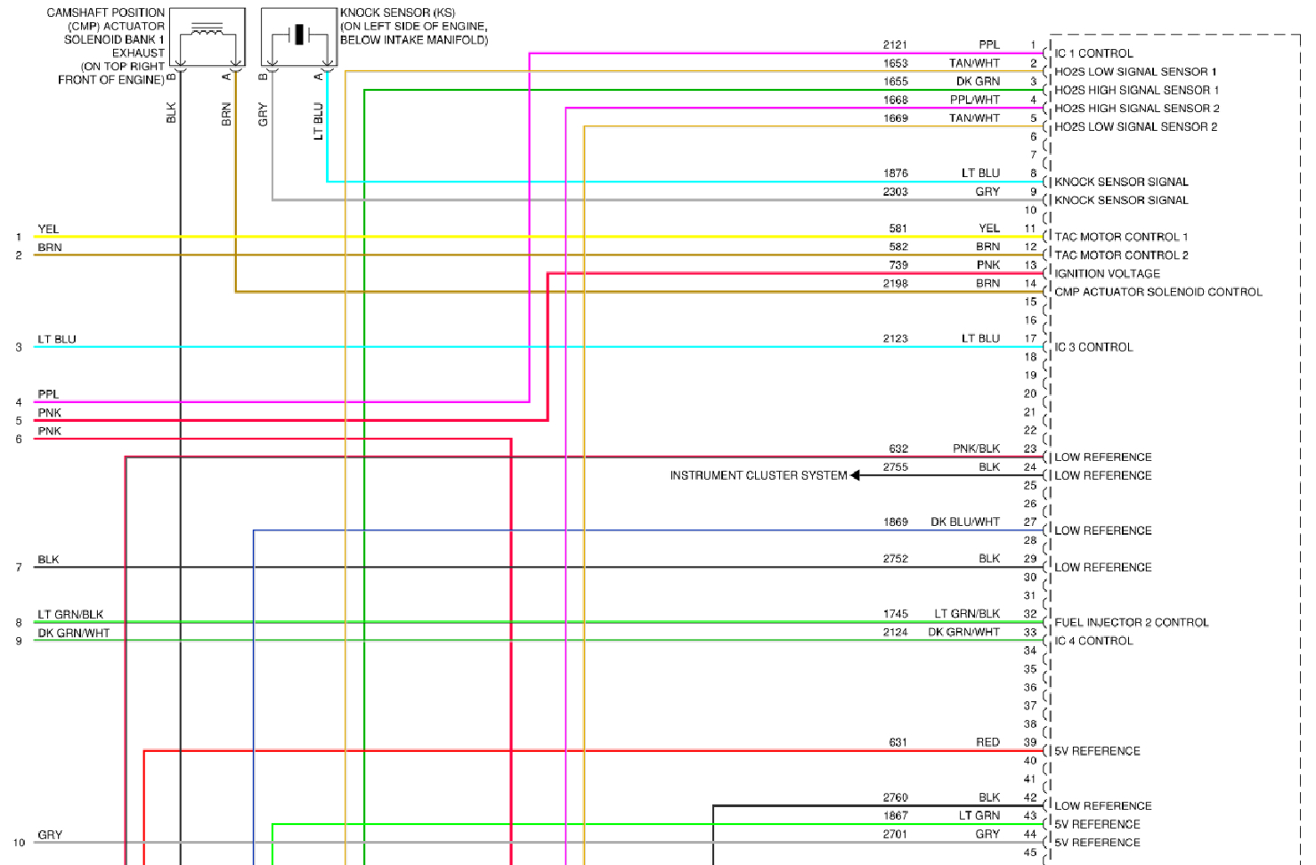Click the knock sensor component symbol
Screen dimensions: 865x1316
coord(299,36)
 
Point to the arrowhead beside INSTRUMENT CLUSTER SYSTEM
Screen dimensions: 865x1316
coord(856,475)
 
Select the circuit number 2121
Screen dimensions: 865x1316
coord(895,44)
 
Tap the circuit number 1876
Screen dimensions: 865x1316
coord(895,173)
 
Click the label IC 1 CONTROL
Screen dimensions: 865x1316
coord(1093,53)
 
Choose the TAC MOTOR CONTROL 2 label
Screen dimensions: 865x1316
coord(1121,255)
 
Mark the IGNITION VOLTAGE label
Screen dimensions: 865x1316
coord(1107,273)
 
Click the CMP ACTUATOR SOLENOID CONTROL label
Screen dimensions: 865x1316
coord(1158,292)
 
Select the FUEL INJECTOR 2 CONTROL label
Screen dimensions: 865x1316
coord(1131,622)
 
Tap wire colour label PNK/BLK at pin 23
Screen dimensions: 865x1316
coord(976,449)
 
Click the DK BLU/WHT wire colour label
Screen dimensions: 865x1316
coord(965,521)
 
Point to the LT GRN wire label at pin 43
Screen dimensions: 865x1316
coord(979,815)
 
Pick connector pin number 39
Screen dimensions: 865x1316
coord(1029,742)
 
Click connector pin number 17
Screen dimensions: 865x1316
coord(1029,338)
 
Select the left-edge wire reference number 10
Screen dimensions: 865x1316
coord(19,843)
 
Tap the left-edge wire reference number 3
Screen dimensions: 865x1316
coord(19,347)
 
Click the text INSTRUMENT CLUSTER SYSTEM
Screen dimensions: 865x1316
coord(759,475)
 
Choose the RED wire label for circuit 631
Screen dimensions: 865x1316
coord(987,742)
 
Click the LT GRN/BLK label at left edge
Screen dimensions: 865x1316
coord(70,614)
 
